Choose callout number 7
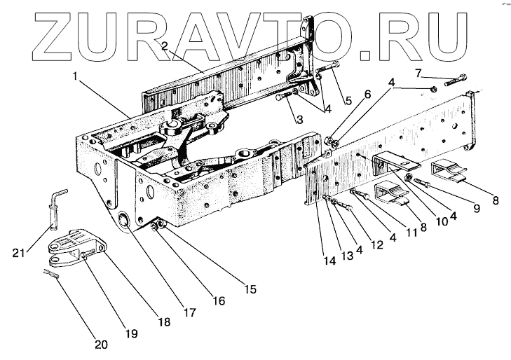coord(418,73)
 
